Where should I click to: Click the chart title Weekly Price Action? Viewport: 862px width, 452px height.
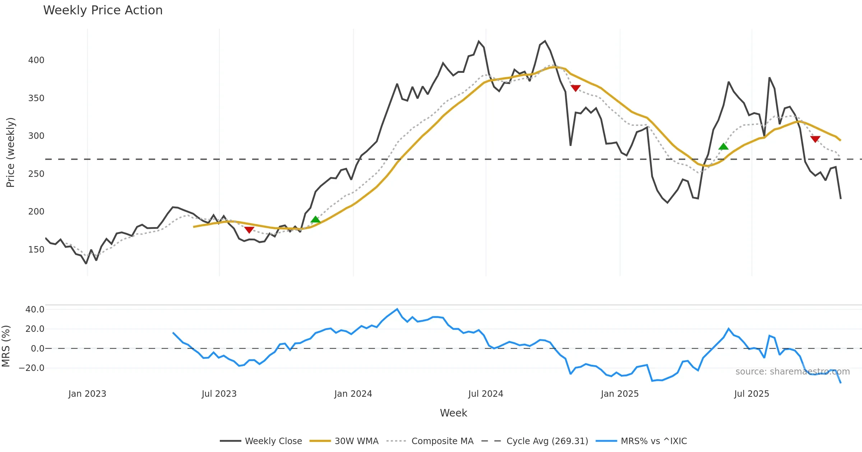click(103, 10)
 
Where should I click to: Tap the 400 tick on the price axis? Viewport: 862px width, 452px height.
click(36, 60)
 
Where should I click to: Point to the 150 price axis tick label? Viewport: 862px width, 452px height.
click(36, 250)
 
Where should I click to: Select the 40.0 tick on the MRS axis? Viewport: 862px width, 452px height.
click(35, 310)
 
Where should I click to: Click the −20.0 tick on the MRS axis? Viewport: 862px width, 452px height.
click(32, 368)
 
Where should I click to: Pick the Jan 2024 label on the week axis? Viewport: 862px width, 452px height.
click(353, 394)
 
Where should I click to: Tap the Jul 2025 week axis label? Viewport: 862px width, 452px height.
click(751, 394)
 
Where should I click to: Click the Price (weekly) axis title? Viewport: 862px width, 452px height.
click(10, 152)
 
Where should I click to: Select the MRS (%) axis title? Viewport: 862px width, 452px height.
click(6, 346)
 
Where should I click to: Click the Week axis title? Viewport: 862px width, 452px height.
click(453, 413)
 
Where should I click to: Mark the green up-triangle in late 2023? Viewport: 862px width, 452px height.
click(315, 220)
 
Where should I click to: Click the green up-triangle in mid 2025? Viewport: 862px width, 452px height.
click(723, 146)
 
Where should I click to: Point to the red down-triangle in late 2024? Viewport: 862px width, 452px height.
click(575, 88)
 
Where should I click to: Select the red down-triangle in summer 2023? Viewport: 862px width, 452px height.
click(249, 230)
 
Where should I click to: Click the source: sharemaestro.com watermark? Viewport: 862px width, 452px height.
click(793, 372)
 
